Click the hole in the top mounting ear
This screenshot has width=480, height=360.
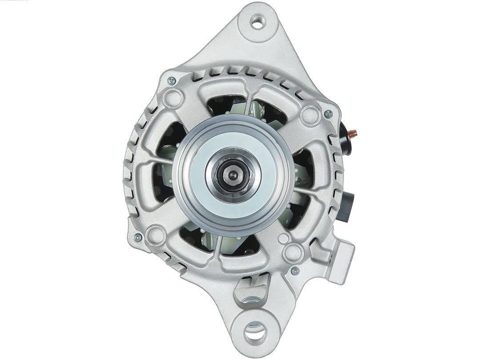pos(258,21)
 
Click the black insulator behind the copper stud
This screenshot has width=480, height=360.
pos(344,139)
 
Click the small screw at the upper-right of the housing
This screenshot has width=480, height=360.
pos(328,114)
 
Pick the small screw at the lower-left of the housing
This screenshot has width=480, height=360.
pos(138,238)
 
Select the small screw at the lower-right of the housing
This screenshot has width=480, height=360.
pos(295,270)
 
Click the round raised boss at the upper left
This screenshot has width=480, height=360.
pos(173,98)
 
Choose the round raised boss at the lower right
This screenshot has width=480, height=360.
pos(293,252)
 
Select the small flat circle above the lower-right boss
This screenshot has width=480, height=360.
pos(283,239)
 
